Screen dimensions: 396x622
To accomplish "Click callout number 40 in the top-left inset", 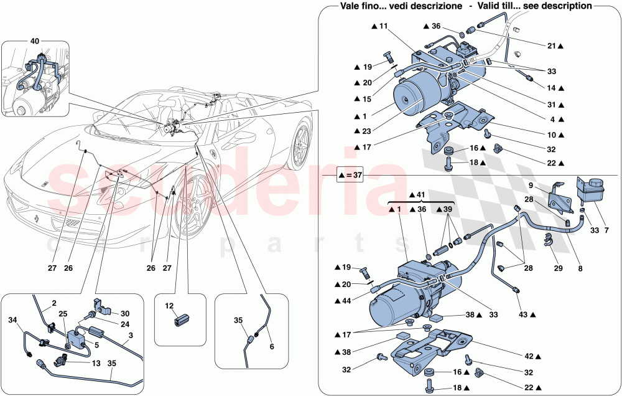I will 34,42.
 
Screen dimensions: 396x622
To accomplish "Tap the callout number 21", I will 552,46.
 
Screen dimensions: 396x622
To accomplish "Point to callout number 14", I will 552,89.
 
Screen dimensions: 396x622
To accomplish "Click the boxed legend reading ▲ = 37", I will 349,176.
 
